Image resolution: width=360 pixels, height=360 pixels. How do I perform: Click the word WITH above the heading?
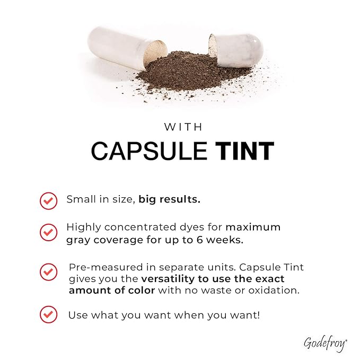point(183,127)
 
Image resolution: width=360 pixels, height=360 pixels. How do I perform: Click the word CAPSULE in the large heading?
point(149,151)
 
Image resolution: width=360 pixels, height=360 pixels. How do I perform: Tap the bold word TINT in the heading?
point(244,151)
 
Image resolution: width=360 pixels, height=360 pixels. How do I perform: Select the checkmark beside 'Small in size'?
point(48,200)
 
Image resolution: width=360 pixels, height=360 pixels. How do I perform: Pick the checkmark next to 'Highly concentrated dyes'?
point(48,232)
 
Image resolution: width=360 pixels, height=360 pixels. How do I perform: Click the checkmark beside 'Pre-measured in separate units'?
point(48,272)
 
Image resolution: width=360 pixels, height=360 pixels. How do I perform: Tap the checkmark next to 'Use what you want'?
point(48,314)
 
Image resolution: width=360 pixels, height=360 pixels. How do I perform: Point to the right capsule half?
point(235,50)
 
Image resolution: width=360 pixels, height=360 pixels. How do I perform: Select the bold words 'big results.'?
point(170,199)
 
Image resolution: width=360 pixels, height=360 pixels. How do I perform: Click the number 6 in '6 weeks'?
point(199,240)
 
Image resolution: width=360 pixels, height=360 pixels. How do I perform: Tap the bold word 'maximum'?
point(253,227)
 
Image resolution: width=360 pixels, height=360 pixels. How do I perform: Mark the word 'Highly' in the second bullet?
point(84,228)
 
